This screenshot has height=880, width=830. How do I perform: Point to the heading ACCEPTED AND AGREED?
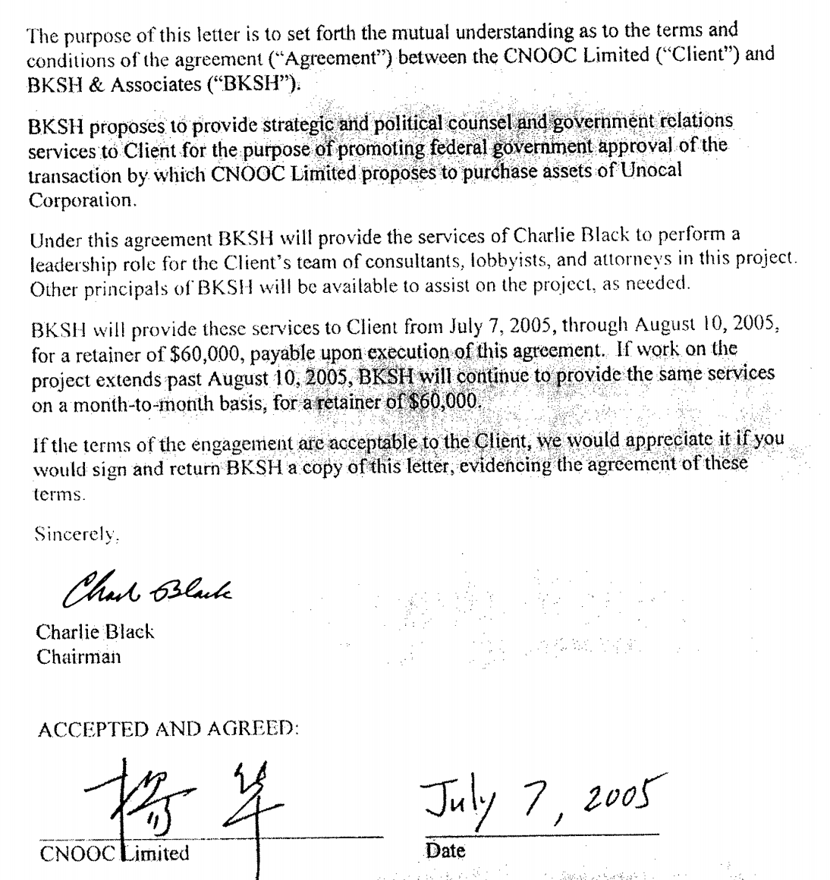click(x=168, y=730)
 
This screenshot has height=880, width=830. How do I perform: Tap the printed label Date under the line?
click(x=445, y=851)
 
